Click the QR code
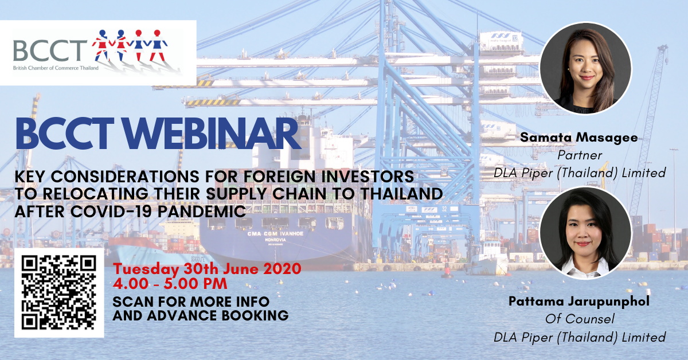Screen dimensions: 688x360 tap(59, 293)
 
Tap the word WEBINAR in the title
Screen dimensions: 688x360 tap(212, 134)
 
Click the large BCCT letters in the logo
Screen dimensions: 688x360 tap(50, 50)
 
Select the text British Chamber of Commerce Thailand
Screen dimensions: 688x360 tap(56, 68)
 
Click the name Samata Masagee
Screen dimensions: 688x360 tap(579, 138)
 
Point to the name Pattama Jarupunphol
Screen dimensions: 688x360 tap(579, 302)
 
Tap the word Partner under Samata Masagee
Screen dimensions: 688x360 tap(580, 155)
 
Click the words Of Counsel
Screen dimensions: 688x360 tap(580, 319)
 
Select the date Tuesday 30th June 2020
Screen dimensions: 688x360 tap(207, 269)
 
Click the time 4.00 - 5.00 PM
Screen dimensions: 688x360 tap(170, 283)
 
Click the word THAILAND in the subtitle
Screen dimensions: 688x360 tap(401, 194)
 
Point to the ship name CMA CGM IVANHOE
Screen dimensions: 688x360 tap(275, 234)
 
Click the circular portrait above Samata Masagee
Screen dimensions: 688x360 tap(586, 68)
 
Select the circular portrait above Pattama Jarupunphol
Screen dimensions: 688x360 tap(586, 233)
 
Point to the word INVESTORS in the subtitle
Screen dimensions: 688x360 tap(368, 177)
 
